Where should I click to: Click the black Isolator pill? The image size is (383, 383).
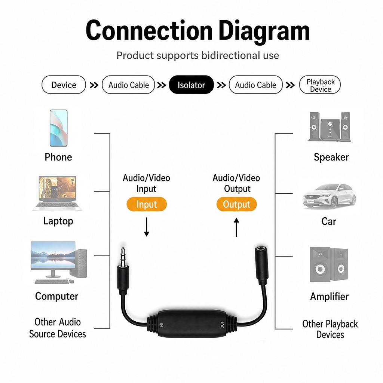pos(191,85)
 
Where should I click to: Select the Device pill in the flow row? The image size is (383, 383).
pos(64,85)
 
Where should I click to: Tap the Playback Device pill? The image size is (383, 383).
pos(320,85)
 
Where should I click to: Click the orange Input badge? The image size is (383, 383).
pos(147,204)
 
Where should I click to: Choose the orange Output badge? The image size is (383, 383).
pos(236,204)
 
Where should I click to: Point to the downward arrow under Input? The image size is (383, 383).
pos(147,227)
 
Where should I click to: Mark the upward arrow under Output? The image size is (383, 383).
pos(236,227)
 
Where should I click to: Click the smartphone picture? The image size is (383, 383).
pos(59,128)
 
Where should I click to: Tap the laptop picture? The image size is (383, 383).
pos(57,193)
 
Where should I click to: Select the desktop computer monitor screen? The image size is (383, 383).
pos(53,255)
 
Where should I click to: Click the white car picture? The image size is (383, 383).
pos(329,197)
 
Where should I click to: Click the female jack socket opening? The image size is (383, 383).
pos(261,249)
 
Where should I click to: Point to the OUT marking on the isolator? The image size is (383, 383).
pos(222,325)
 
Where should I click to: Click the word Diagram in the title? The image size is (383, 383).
pos(264,31)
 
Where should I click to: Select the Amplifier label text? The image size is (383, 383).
pos(329,296)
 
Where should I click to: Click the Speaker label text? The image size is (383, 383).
pos(331,157)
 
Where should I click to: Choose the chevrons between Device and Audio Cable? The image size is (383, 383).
pos(94,85)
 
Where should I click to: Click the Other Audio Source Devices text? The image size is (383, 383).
pos(58,328)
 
